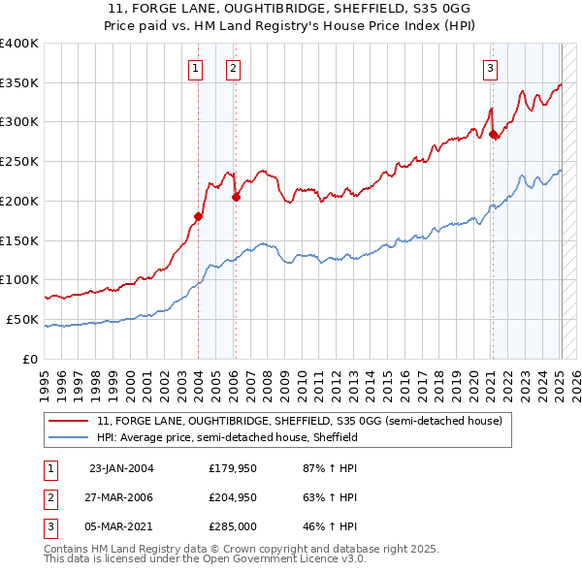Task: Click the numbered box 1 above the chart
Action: (x=196, y=68)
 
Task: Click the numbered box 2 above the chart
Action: (x=234, y=68)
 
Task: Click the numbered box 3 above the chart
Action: (x=491, y=68)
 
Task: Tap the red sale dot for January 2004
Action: (x=198, y=216)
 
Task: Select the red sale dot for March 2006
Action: (x=236, y=197)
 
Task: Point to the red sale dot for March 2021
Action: (x=493, y=134)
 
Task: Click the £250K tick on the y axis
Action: (x=19, y=161)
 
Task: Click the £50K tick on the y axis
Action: (x=22, y=319)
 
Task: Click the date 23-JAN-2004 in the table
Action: (x=121, y=468)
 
